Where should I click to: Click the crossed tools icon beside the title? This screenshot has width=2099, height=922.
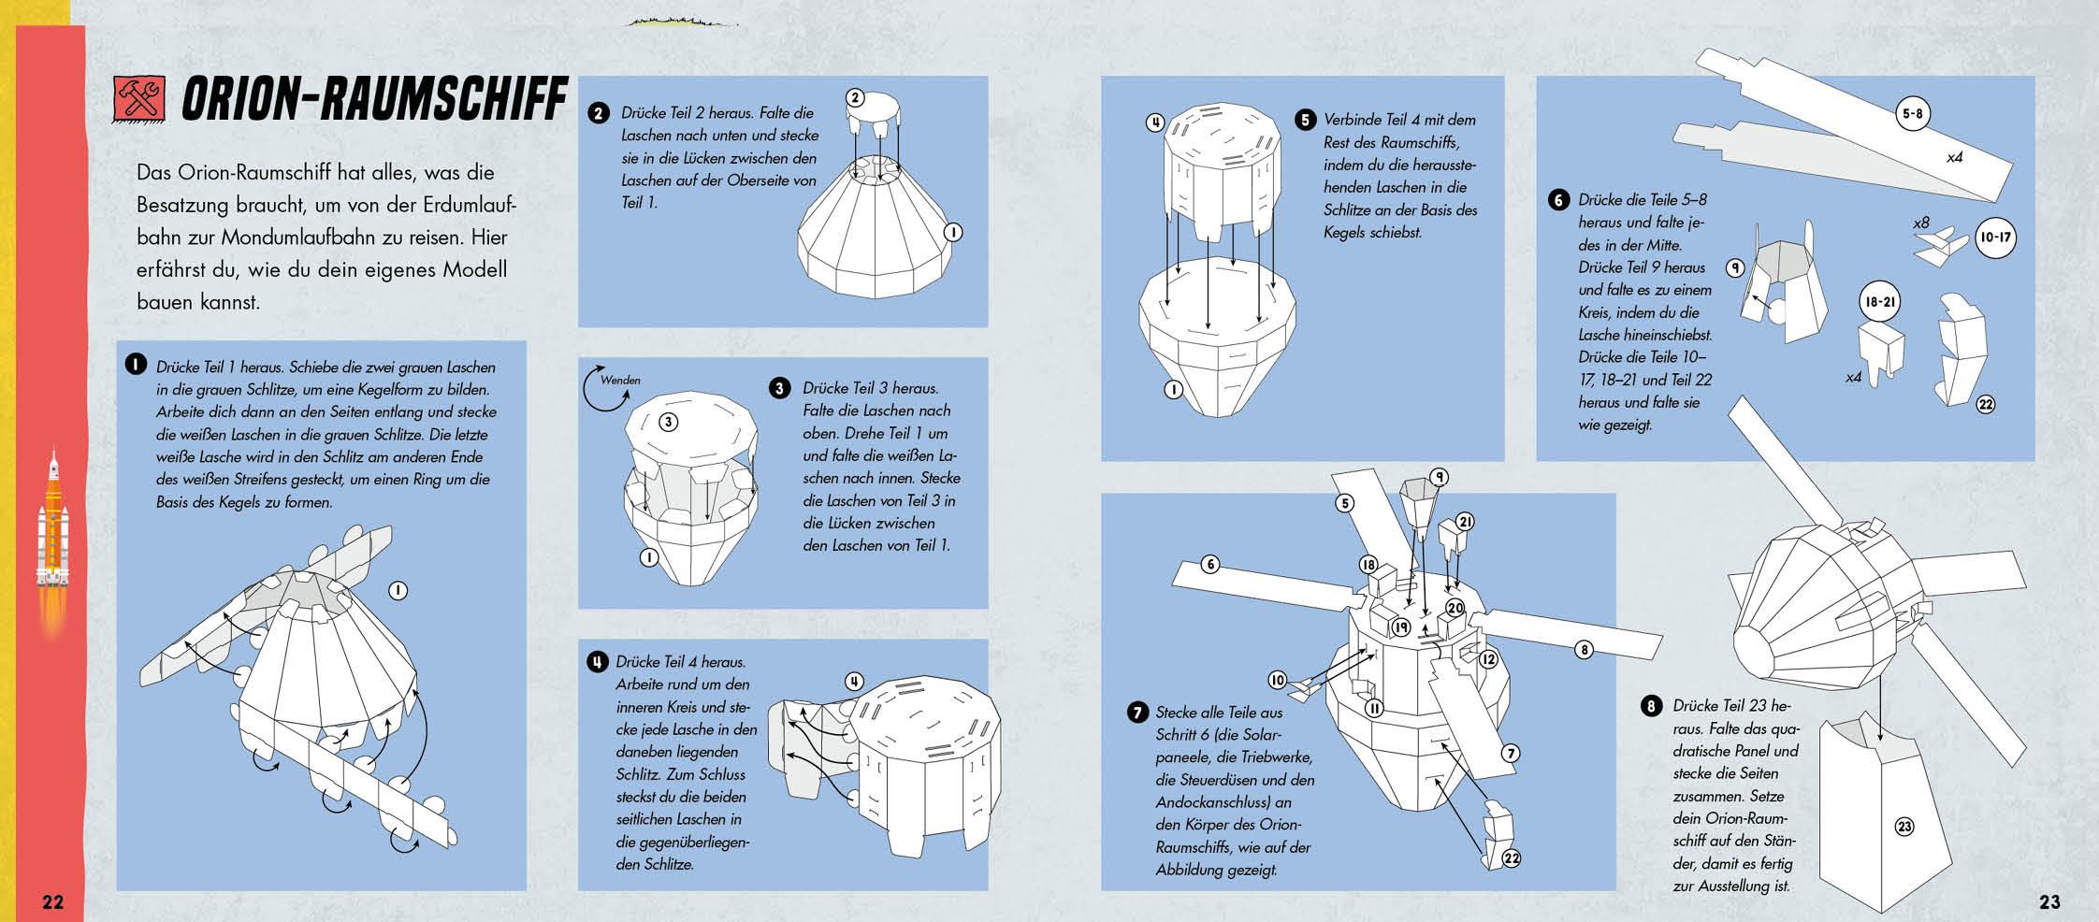[138, 98]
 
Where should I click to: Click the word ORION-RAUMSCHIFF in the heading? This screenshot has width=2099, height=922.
[374, 99]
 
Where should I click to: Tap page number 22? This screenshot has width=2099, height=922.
[53, 901]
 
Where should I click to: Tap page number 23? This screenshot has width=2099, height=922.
[2049, 901]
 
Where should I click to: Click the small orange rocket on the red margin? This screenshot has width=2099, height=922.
[53, 524]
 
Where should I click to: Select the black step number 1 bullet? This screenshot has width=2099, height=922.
[137, 365]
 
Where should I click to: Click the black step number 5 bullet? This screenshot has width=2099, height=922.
[1305, 120]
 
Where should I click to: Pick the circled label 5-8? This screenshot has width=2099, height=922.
[1912, 115]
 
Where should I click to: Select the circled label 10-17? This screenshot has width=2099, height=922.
[1994, 238]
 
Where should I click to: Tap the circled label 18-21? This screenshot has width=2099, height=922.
[1878, 303]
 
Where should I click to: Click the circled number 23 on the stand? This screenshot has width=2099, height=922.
[1904, 827]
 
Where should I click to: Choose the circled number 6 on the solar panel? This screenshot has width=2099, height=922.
[1210, 565]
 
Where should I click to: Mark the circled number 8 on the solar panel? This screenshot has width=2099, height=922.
[1583, 649]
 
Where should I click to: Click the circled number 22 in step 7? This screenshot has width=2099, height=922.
[1512, 857]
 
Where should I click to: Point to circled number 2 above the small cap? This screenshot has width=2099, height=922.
[855, 97]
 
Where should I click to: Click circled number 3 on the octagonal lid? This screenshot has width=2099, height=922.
[668, 422]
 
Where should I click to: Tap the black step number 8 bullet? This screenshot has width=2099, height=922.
[1651, 706]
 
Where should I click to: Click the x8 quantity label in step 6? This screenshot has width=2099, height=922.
[1920, 223]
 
